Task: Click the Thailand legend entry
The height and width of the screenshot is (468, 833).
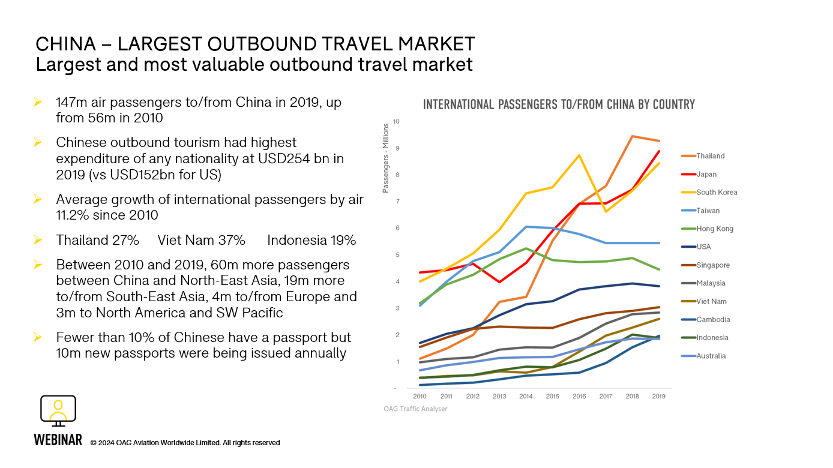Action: click(710, 156)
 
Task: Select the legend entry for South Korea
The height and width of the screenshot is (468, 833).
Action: click(717, 193)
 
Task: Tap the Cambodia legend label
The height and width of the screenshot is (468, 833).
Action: click(713, 320)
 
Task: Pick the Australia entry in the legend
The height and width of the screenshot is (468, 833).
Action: click(711, 356)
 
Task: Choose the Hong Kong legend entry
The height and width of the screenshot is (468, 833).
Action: click(714, 229)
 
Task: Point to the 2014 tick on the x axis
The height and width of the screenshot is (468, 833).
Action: click(526, 396)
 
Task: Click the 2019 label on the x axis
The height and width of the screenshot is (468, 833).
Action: click(658, 396)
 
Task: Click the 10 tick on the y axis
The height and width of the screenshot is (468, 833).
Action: click(395, 122)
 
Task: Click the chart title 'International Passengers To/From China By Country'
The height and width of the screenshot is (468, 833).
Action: click(559, 104)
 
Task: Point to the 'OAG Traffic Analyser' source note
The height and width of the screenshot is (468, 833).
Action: click(415, 409)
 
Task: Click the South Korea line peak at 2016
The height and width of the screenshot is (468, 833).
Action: click(579, 155)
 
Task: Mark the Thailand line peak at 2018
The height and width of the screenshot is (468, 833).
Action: click(632, 136)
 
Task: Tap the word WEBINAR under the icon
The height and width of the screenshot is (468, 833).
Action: click(58, 440)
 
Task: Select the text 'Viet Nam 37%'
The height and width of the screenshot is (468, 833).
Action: click(201, 241)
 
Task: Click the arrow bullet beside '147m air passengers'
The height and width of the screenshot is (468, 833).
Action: click(38, 103)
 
